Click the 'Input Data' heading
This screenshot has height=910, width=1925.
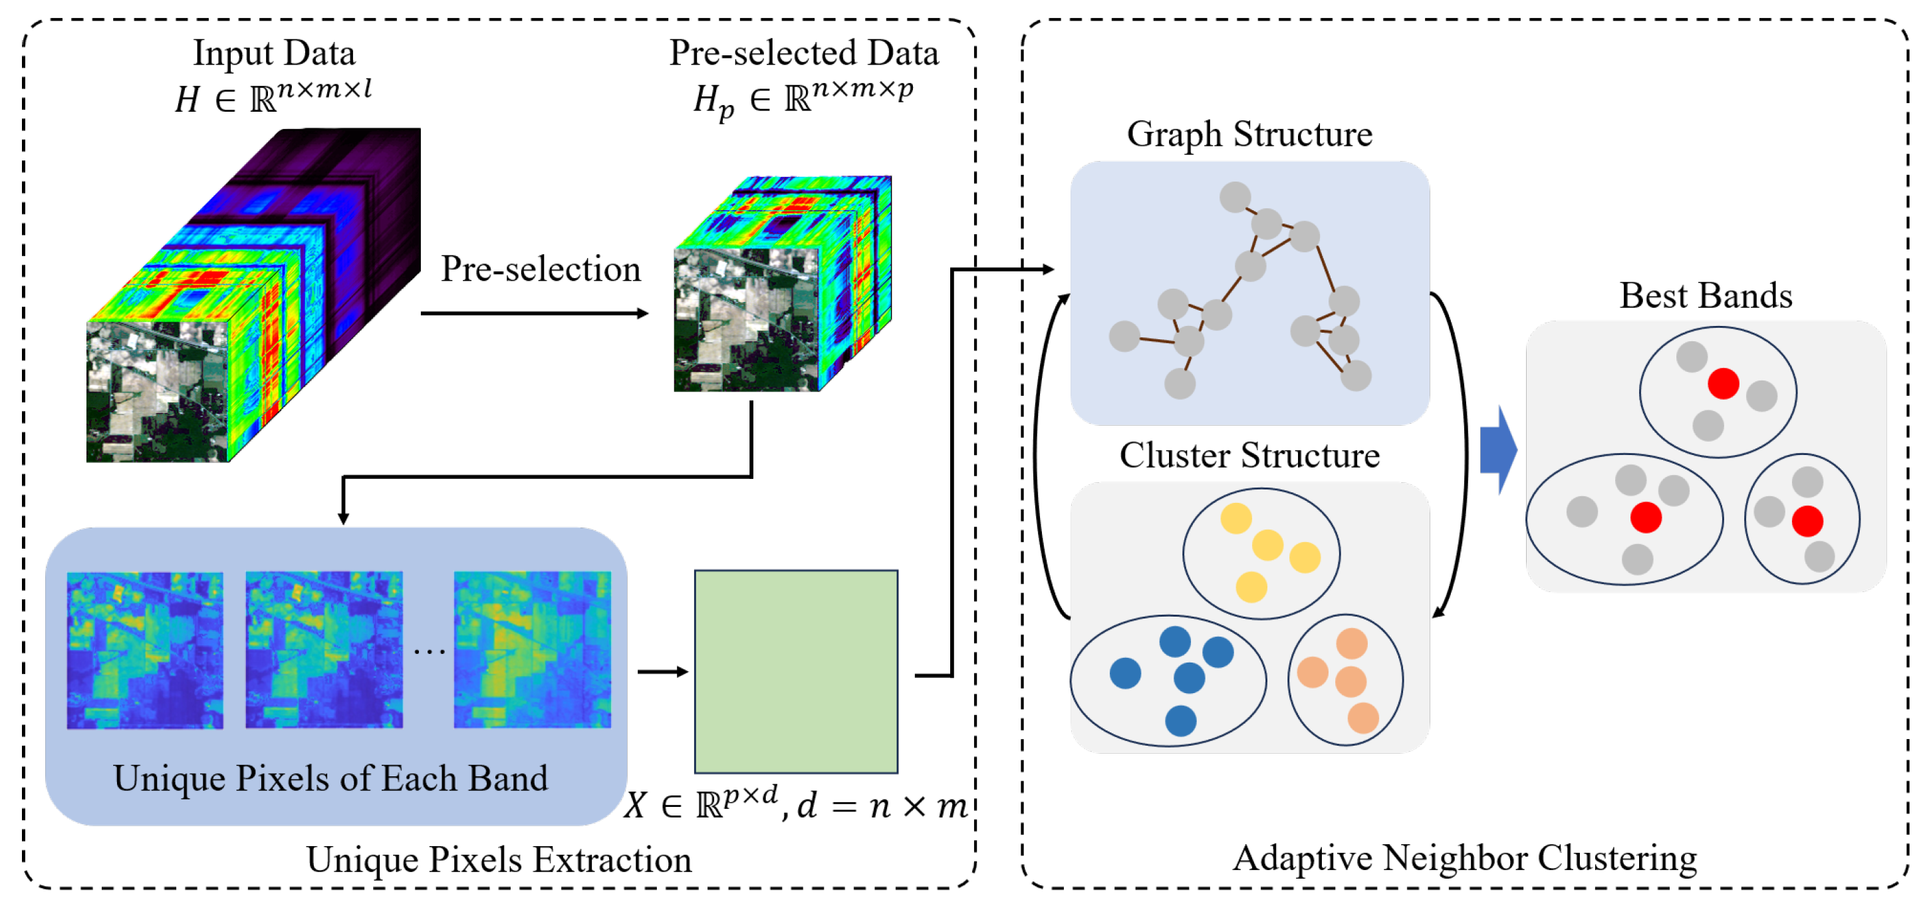tap(274, 53)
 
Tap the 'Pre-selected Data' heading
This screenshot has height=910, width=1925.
tap(803, 53)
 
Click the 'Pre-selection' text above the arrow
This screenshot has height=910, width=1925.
tap(541, 269)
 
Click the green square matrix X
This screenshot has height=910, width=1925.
tap(796, 671)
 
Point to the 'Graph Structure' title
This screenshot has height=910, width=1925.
tap(1249, 134)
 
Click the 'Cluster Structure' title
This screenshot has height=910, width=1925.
tap(1249, 456)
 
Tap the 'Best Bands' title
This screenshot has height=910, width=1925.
tap(1706, 296)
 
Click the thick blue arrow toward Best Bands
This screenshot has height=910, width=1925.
tap(1497, 450)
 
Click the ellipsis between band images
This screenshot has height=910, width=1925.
tap(429, 652)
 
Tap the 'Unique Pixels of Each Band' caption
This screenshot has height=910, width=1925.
tap(330, 778)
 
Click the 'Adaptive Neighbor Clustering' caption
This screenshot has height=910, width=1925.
tap(1464, 857)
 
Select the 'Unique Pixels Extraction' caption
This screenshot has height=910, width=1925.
tap(499, 859)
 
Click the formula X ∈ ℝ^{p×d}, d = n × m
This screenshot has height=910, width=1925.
tap(796, 806)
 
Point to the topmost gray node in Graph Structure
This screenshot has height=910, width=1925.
tap(1235, 197)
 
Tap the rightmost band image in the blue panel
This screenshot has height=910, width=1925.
tap(532, 649)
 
